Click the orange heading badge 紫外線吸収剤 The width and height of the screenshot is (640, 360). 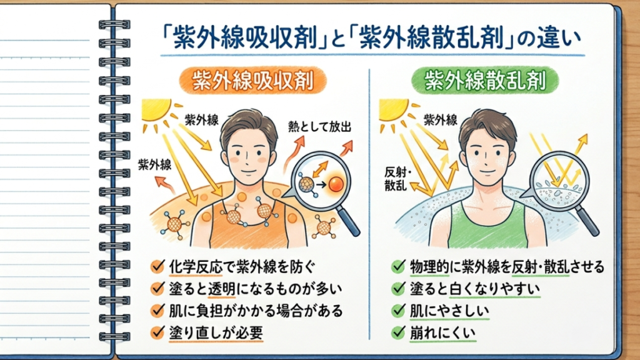click(x=252, y=81)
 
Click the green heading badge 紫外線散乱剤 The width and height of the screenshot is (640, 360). click(x=485, y=81)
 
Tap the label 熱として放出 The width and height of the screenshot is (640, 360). click(x=319, y=127)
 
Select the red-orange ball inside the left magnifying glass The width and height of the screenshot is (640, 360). click(x=336, y=184)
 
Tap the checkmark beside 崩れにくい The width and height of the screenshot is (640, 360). click(x=398, y=332)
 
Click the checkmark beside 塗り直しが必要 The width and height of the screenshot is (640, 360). click(x=157, y=332)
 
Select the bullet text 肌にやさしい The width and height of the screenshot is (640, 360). click(x=449, y=311)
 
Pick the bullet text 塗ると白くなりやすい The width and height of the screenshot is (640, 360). click(x=475, y=289)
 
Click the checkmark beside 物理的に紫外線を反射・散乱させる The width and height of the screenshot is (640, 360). click(x=398, y=266)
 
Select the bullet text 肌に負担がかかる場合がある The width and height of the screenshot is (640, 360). click(x=256, y=311)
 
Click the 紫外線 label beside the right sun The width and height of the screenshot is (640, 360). click(x=441, y=120)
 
